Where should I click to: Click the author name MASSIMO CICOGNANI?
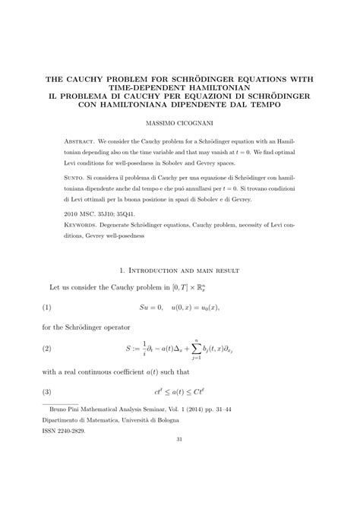[x=180, y=122]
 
